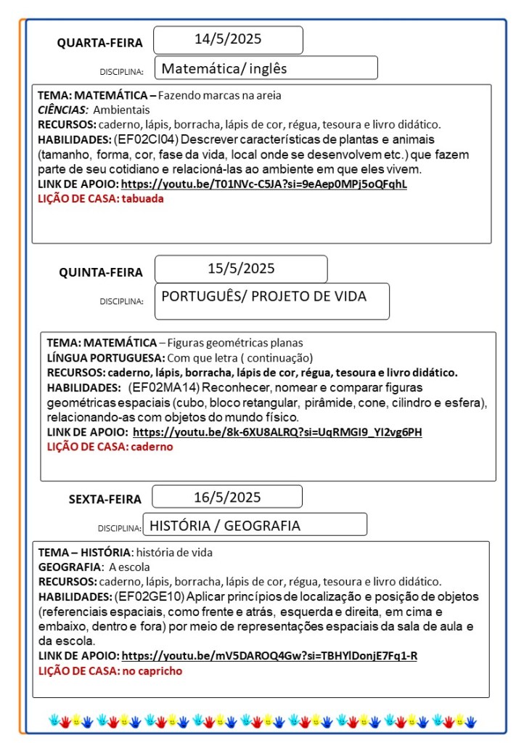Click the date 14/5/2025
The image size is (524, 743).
click(228, 39)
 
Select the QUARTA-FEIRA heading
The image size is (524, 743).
click(100, 43)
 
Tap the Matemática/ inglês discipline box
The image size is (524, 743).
click(266, 68)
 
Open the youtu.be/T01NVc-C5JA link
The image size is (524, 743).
click(263, 184)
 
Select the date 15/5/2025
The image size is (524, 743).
click(241, 268)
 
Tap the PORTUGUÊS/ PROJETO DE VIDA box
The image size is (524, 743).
click(271, 300)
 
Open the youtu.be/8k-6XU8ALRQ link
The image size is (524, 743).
click(277, 432)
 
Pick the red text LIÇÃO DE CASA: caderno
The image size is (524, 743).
click(110, 447)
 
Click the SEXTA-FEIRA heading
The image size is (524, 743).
click(105, 499)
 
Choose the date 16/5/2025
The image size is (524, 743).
click(227, 497)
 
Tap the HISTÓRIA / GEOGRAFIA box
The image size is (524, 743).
click(254, 525)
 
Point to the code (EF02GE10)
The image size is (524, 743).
click(150, 596)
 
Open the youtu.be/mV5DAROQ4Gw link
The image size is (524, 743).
click(269, 656)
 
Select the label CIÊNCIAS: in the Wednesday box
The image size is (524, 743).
click(62, 110)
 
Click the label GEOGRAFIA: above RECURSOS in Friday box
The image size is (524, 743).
click(70, 567)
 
